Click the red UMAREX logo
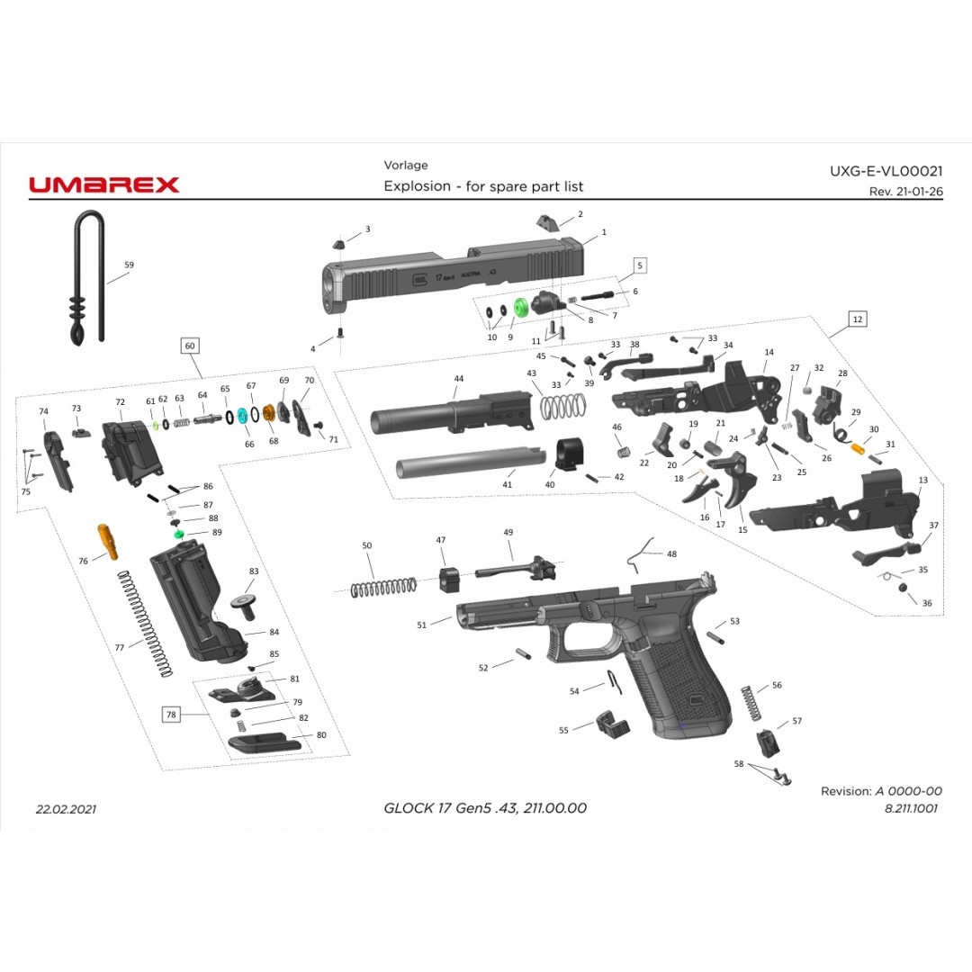point(104,184)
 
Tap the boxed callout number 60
point(189,346)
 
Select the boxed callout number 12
point(857,319)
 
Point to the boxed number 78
point(171,715)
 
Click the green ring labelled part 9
point(520,308)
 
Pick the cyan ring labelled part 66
point(242,419)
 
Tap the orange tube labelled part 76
point(108,541)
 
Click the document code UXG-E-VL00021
point(886,170)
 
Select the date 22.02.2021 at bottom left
point(66,808)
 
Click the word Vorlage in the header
point(406,165)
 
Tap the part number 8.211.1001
point(911,808)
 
